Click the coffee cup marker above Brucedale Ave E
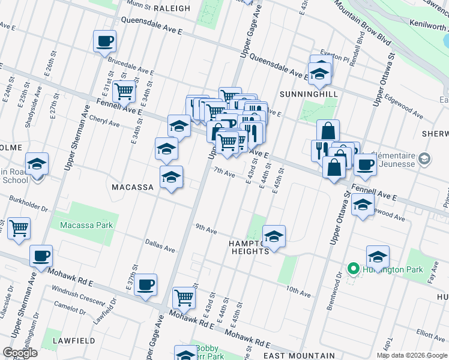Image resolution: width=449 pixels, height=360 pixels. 104,42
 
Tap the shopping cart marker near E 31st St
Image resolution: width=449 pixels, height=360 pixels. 124,92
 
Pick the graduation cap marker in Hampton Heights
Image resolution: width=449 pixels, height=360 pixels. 274,236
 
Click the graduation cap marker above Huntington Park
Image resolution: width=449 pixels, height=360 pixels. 378,256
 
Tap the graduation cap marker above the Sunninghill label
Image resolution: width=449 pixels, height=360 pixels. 320,73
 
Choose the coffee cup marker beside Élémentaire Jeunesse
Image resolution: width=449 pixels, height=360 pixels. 365,164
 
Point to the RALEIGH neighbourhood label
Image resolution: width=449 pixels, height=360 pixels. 172,8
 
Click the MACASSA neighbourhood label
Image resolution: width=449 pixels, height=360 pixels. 134,187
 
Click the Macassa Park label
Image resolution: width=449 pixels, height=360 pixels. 86,226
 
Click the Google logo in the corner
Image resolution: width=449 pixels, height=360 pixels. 20,353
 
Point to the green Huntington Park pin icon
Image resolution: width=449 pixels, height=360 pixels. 354,269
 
